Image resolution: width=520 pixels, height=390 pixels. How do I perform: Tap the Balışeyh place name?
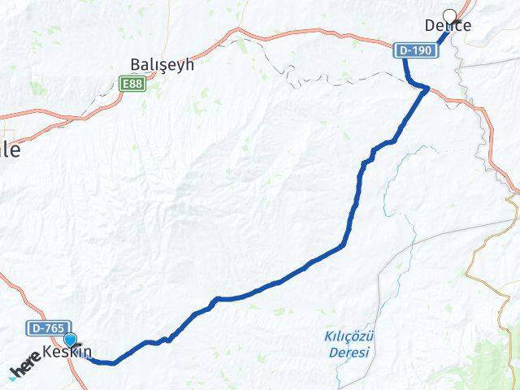coord(162,65)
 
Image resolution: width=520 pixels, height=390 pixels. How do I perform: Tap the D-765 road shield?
coord(45,328)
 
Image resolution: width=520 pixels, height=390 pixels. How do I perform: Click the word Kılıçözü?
coord(349,336)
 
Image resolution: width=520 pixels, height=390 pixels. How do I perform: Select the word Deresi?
coord(349,352)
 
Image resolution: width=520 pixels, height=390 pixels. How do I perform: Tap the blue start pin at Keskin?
coord(71,341)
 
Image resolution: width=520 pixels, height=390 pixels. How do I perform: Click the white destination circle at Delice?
coord(449,14)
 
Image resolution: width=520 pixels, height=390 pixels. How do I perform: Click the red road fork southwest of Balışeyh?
coord(77,119)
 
